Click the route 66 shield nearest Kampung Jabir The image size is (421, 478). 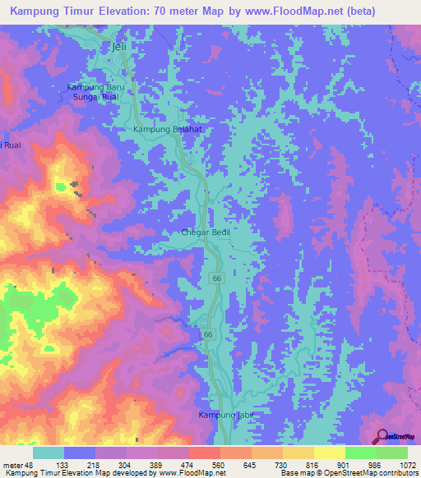209,334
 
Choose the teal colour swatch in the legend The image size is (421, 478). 49,453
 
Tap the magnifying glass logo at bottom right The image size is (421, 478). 382,436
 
